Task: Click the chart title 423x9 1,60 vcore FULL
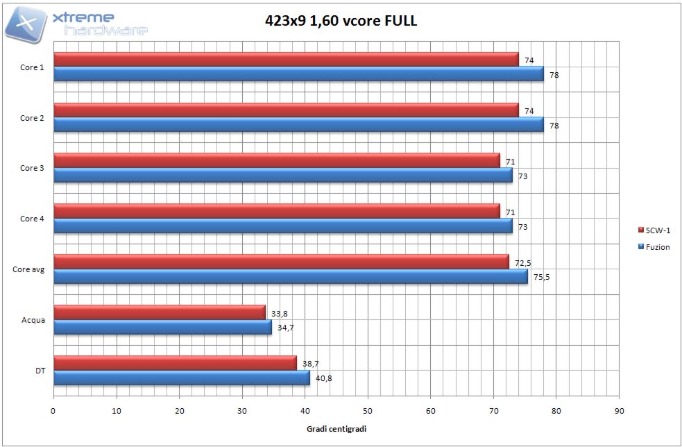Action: point(341,21)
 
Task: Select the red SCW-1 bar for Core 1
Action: point(286,60)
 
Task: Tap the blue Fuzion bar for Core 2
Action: point(298,125)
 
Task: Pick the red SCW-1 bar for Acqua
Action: point(159,312)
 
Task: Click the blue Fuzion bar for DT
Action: point(181,378)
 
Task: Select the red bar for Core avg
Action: point(280,262)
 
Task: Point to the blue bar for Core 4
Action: point(282,226)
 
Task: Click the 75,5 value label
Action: point(541,277)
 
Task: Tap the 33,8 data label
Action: point(280,313)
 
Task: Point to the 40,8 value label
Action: point(324,378)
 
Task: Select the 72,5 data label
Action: point(522,263)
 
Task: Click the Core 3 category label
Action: point(32,169)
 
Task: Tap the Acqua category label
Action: point(33,320)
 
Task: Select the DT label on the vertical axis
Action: point(40,371)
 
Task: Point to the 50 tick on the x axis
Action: point(368,410)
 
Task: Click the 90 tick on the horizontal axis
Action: point(619,410)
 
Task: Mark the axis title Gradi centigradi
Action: point(336,429)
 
